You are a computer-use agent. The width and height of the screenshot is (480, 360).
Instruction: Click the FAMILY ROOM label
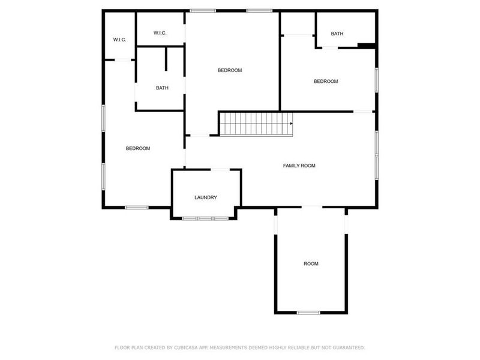click(x=299, y=166)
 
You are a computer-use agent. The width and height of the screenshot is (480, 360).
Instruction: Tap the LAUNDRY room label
click(x=205, y=197)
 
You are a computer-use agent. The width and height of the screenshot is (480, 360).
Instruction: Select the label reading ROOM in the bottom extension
click(x=311, y=263)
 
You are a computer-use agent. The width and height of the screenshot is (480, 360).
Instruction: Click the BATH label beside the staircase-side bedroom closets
click(x=162, y=88)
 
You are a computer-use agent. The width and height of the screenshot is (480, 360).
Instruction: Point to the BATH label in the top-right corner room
click(x=337, y=34)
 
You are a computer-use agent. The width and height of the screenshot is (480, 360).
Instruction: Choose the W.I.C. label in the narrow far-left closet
click(x=119, y=40)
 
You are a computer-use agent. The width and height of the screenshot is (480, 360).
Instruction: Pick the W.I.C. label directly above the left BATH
click(x=160, y=32)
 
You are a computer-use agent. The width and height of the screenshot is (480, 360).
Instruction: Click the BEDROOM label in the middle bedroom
click(x=229, y=70)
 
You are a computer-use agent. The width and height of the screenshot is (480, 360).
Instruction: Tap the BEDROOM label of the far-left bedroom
click(x=137, y=148)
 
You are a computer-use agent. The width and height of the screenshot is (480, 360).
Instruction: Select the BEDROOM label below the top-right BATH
click(x=326, y=82)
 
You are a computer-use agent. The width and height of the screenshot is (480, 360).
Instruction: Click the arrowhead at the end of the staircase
click(x=291, y=124)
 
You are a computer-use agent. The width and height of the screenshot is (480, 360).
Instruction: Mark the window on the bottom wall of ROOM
click(x=308, y=313)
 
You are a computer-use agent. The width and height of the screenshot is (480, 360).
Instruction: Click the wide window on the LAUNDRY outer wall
click(x=205, y=218)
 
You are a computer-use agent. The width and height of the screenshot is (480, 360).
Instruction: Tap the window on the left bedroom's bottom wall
click(x=137, y=208)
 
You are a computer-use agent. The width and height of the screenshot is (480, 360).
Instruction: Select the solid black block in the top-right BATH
click(x=365, y=45)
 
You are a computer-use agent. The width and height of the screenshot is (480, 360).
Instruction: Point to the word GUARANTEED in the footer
click(x=349, y=347)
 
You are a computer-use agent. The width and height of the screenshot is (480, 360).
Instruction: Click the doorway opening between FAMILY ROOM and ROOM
click(x=311, y=207)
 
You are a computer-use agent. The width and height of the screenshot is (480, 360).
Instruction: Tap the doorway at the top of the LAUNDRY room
click(x=218, y=170)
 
